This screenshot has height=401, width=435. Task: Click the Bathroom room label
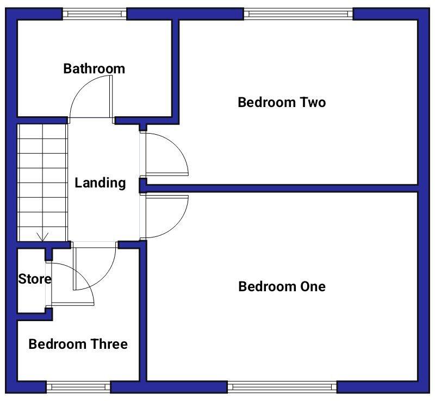[94, 69]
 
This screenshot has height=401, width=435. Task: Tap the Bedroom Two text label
[282, 102]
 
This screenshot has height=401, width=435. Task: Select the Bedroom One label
[282, 286]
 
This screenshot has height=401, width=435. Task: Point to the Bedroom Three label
[78, 344]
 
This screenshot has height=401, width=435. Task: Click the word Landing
[100, 183]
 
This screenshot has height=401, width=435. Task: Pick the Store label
[35, 279]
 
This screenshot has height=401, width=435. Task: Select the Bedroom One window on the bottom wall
[282, 387]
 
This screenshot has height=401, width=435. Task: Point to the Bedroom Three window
[78, 387]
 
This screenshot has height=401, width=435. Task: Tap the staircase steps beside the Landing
[43, 179]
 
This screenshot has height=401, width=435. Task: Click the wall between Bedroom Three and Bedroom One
[143, 315]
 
